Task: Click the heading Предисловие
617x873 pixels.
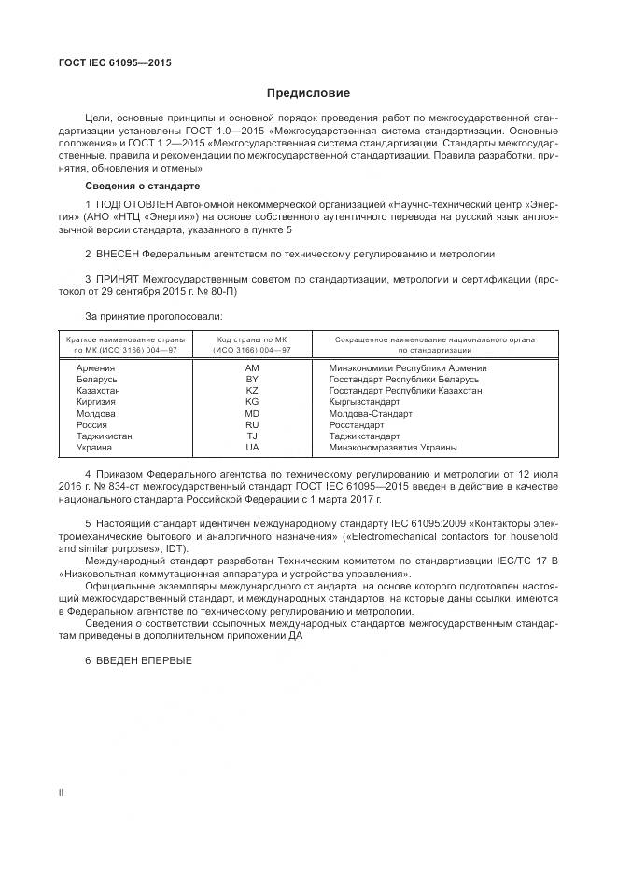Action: (308, 93)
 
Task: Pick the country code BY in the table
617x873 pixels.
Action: (252, 380)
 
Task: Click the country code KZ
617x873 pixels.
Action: (252, 391)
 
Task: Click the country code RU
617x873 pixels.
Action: (252, 424)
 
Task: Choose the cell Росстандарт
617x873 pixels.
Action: (357, 424)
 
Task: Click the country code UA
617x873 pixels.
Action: (252, 447)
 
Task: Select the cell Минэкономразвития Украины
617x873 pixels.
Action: (393, 447)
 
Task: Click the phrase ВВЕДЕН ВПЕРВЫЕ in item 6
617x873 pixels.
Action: (143, 659)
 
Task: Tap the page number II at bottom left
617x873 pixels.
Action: (61, 792)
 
